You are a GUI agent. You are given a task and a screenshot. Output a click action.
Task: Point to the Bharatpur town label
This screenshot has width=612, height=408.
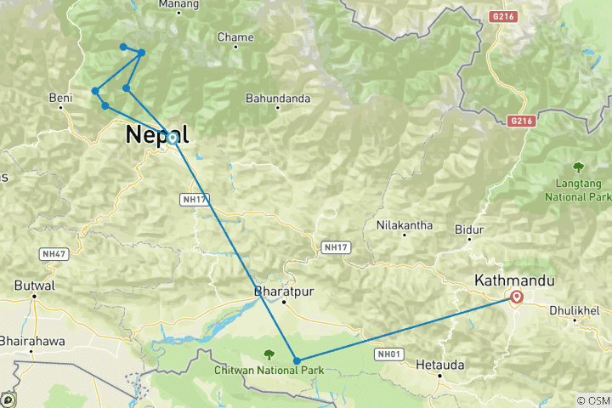pyautogui.click(x=283, y=291)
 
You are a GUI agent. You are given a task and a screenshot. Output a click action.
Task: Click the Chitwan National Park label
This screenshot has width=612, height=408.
pyautogui.click(x=270, y=371)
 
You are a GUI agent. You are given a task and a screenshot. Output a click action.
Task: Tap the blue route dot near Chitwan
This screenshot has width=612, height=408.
pyautogui.click(x=297, y=361)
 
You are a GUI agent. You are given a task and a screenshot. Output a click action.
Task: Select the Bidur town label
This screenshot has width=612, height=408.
pyautogui.click(x=469, y=229)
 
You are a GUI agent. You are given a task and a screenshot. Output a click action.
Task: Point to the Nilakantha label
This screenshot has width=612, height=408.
pyautogui.click(x=405, y=225)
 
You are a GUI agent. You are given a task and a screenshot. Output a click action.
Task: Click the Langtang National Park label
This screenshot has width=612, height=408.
pyautogui.click(x=578, y=189)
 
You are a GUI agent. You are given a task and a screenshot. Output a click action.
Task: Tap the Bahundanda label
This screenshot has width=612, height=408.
pyautogui.click(x=278, y=99)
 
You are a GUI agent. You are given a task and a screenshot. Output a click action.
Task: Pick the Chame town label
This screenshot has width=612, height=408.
pyautogui.click(x=235, y=37)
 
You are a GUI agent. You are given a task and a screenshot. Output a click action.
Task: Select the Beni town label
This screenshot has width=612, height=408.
pyautogui.click(x=60, y=99)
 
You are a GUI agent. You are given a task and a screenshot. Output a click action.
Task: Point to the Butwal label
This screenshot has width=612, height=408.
pyautogui.click(x=35, y=286)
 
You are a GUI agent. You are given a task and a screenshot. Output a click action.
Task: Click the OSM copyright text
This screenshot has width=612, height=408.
pyautogui.click(x=593, y=400)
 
